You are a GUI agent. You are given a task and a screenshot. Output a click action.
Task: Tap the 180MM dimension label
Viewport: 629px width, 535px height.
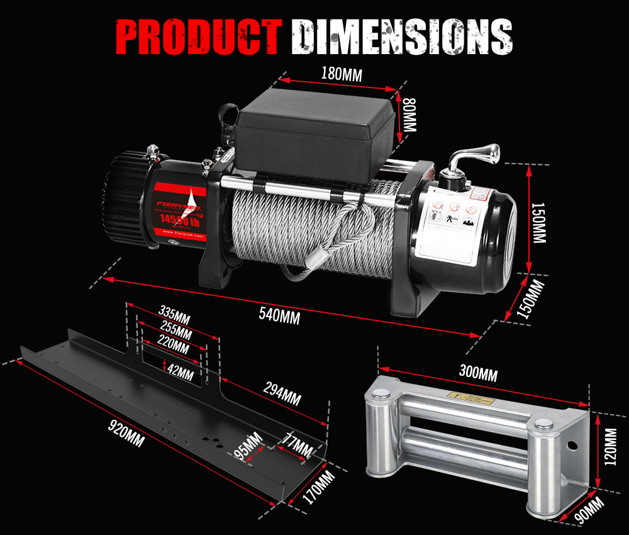[x=341, y=73]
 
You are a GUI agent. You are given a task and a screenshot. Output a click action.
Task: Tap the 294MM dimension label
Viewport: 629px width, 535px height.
[x=281, y=396]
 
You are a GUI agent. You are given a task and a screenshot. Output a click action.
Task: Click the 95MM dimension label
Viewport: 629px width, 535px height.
[x=248, y=448]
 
